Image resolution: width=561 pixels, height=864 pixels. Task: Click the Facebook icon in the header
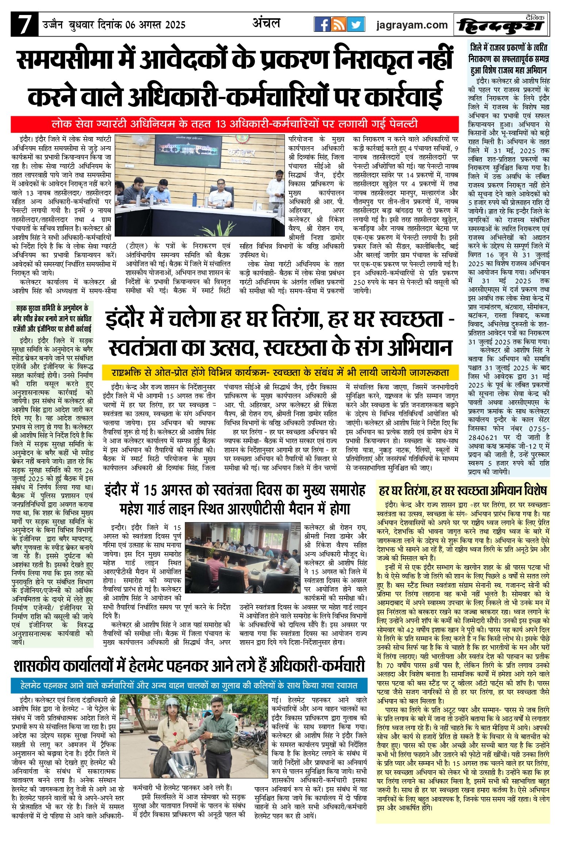(x=322, y=24)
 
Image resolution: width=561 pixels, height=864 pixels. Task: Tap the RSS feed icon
(x=339, y=24)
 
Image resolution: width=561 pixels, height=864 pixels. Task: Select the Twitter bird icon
(x=356, y=24)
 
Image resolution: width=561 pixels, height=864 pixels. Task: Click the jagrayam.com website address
(x=412, y=25)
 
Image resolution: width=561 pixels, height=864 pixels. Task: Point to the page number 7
(x=24, y=25)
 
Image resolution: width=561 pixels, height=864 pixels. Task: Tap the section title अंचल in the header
(x=266, y=23)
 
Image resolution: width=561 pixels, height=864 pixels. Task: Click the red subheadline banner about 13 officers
(x=234, y=124)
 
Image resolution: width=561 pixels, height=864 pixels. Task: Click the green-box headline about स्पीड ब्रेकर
(x=52, y=318)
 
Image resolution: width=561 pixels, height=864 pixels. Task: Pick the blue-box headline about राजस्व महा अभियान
(x=509, y=59)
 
